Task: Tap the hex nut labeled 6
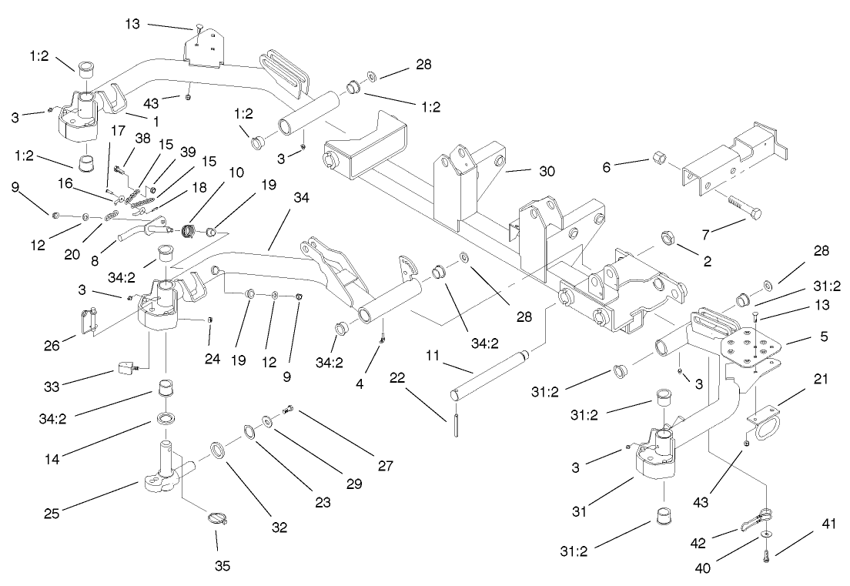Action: pos(661,159)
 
